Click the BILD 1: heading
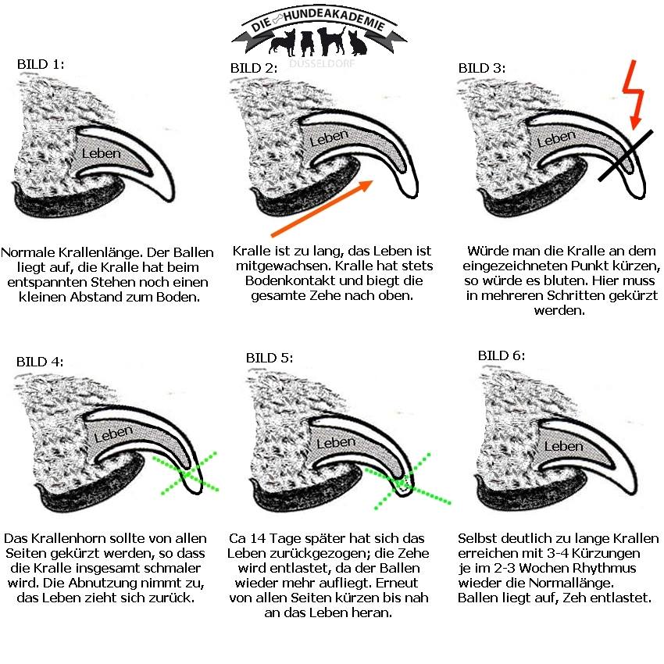41,64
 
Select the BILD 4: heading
40,362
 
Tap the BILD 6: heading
502,355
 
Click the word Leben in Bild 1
102,153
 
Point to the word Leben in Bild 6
564,446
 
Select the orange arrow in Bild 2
322,209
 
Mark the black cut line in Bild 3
626,155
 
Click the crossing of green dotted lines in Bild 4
187,473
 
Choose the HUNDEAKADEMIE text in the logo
334,18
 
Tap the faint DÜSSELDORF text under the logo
322,64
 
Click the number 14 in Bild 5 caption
258,539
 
